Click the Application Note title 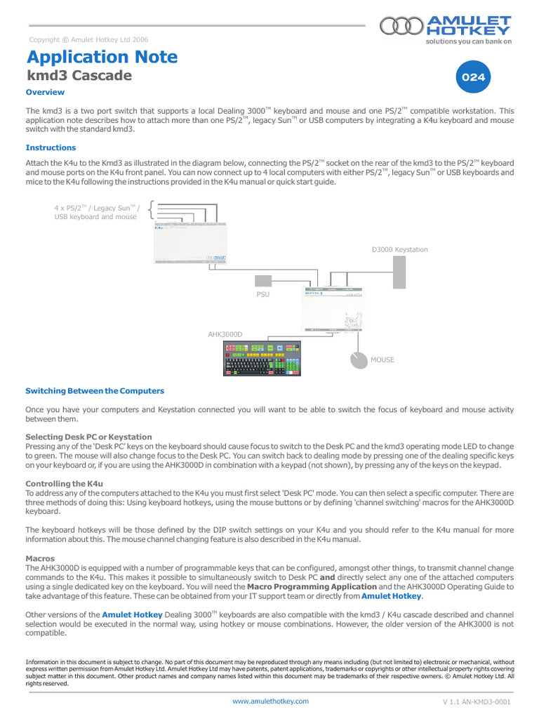coord(102,57)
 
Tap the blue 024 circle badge coord(473,78)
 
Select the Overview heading coord(45,92)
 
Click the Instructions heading coord(51,147)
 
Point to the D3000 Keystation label coord(399,249)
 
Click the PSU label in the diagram coord(262,294)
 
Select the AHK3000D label coord(225,334)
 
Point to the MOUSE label coord(382,359)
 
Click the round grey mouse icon coord(359,359)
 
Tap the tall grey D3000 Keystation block coord(399,272)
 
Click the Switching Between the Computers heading coord(95,390)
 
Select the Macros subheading coord(40,558)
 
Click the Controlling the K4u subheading coord(64,483)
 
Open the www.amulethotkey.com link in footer coord(269,701)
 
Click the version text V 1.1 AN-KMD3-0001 coord(476,701)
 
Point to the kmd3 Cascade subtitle coord(79,75)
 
